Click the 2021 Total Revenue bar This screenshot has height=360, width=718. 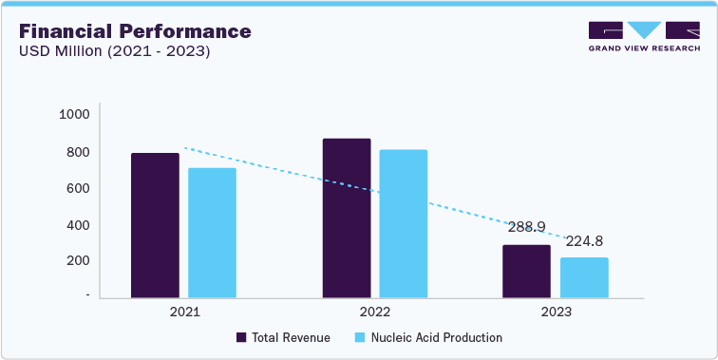click(x=155, y=225)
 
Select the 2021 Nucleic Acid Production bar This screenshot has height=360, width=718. click(x=212, y=233)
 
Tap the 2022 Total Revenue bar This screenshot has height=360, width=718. click(x=347, y=218)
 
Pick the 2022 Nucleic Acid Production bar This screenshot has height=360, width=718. click(x=404, y=223)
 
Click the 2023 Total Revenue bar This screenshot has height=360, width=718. click(x=526, y=271)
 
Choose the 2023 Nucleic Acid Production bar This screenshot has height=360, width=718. click(x=584, y=277)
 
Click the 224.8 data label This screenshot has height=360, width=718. click(x=585, y=241)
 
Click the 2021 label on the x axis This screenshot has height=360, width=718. click(x=183, y=311)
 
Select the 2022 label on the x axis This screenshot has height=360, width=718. click(x=375, y=311)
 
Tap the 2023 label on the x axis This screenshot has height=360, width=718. click(x=556, y=311)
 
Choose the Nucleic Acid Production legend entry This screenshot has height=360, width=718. click(x=427, y=337)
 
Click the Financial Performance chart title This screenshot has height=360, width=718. click(x=135, y=31)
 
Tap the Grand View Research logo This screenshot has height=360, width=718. click(x=644, y=37)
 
